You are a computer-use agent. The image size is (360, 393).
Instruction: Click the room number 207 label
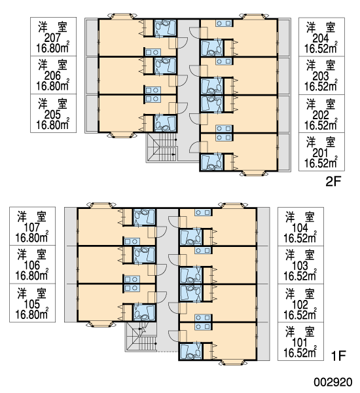click(x=53, y=38)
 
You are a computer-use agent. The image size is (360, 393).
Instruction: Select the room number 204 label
click(x=321, y=39)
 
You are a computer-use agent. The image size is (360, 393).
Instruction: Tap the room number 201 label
click(x=321, y=153)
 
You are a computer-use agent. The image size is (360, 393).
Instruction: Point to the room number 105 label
click(x=32, y=304)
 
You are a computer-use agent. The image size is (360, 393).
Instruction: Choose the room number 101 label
click(x=300, y=343)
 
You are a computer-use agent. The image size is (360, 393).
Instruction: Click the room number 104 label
click(x=300, y=228)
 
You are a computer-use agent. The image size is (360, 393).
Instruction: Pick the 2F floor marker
click(x=333, y=181)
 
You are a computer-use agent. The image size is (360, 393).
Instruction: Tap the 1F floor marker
click(x=338, y=356)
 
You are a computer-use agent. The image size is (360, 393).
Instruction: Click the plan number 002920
click(x=333, y=383)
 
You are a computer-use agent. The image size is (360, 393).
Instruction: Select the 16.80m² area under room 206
click(x=53, y=86)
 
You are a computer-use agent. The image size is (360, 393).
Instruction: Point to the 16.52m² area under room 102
click(x=300, y=315)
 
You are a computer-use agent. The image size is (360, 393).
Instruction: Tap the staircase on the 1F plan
click(x=141, y=337)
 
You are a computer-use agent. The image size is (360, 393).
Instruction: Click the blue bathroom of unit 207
click(x=166, y=28)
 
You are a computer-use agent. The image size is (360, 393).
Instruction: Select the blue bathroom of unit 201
click(x=211, y=162)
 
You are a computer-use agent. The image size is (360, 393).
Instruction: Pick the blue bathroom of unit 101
click(x=190, y=351)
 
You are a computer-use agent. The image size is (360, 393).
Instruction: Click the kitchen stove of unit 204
click(x=224, y=24)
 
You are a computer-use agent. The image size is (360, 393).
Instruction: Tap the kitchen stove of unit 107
click(x=132, y=242)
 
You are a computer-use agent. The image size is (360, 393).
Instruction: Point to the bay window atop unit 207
click(x=122, y=16)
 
